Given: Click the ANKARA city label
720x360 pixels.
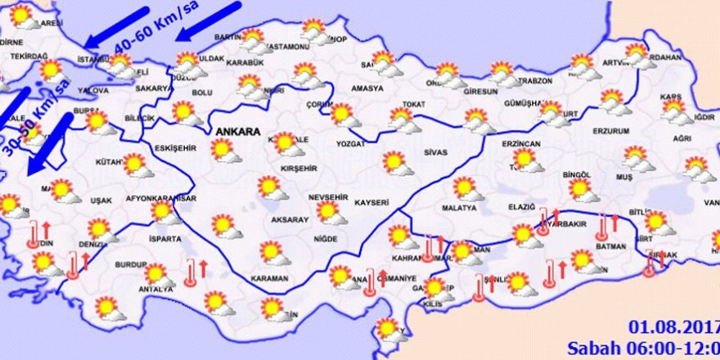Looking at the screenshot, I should pos(237,131).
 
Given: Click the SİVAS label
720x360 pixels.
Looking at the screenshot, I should pos(435,152).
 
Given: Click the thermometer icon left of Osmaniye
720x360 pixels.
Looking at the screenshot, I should pos(371,282).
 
